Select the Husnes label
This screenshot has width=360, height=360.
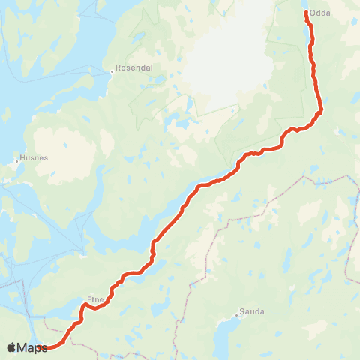coord(34,157)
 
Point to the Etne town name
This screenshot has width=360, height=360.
coord(95,298)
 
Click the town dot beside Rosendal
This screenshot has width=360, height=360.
coord(112,71)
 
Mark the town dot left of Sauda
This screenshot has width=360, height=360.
coord(237,314)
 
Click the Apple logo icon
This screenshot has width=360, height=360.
coord(11,347)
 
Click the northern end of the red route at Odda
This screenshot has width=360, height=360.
coord(307,12)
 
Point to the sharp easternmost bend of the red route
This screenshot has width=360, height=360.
coord(320,112)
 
